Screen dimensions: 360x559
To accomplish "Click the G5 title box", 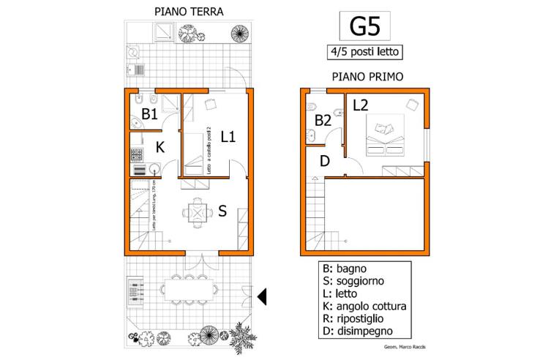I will pyautogui.click(x=364, y=26).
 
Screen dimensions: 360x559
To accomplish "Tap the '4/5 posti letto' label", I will pyautogui.click(x=364, y=52).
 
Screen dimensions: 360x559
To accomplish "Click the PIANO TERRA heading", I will pyautogui.click(x=189, y=12).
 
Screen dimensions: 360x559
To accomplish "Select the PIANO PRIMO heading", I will pyautogui.click(x=367, y=77).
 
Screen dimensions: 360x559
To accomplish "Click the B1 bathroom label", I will pyautogui.click(x=149, y=114).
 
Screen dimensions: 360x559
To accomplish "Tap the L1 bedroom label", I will pyautogui.click(x=228, y=136).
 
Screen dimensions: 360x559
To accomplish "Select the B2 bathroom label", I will pyautogui.click(x=323, y=120).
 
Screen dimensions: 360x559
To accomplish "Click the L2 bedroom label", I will pyautogui.click(x=360, y=105).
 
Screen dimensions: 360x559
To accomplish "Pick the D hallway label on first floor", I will pyautogui.click(x=326, y=160).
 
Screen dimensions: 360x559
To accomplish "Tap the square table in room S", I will pyautogui.click(x=196, y=213).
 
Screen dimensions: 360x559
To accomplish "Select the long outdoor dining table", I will pyautogui.click(x=189, y=290).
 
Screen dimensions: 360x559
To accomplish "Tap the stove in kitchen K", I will pyautogui.click(x=135, y=154).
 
